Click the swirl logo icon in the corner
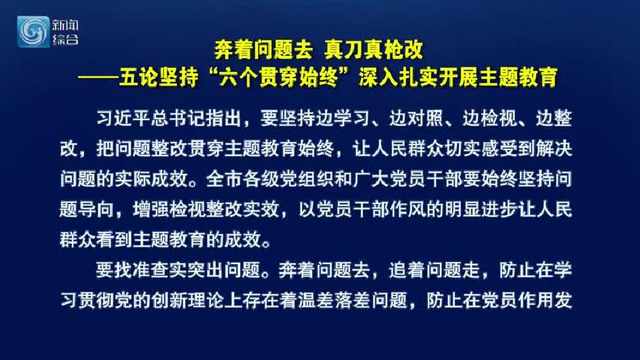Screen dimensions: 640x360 (x=33, y=32)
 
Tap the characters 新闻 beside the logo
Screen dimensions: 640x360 (x=65, y=25)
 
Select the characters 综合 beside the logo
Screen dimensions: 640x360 (x=65, y=39)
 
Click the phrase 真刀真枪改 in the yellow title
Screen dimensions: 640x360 (x=374, y=50)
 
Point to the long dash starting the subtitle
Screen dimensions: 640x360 (x=98, y=77)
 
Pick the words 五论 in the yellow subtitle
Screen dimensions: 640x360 (x=138, y=77)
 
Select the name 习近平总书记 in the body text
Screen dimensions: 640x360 (x=151, y=119)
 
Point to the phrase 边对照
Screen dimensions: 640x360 (x=416, y=119)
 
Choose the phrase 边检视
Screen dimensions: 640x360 (x=489, y=119)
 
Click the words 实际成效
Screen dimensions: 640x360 (x=151, y=179)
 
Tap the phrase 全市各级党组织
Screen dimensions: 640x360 (x=270, y=179)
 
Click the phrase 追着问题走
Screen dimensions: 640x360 (x=434, y=270)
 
